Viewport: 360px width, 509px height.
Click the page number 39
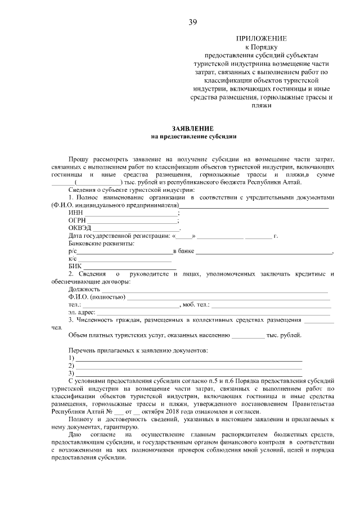pyautogui.click(x=192, y=22)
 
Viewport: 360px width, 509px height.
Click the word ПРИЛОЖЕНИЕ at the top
pyautogui.click(x=261, y=38)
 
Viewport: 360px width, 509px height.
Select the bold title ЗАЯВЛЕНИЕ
pyautogui.click(x=193, y=129)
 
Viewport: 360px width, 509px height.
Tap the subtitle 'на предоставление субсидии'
pyautogui.click(x=193, y=136)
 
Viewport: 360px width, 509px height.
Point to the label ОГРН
pyautogui.click(x=78, y=221)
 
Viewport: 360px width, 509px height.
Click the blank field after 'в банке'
pyautogui.click(x=264, y=252)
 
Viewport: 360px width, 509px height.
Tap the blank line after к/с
pyautogui.click(x=124, y=260)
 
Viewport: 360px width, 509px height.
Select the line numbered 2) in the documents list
pyautogui.click(x=188, y=366)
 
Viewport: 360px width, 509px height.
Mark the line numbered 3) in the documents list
pyautogui.click(x=188, y=373)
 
